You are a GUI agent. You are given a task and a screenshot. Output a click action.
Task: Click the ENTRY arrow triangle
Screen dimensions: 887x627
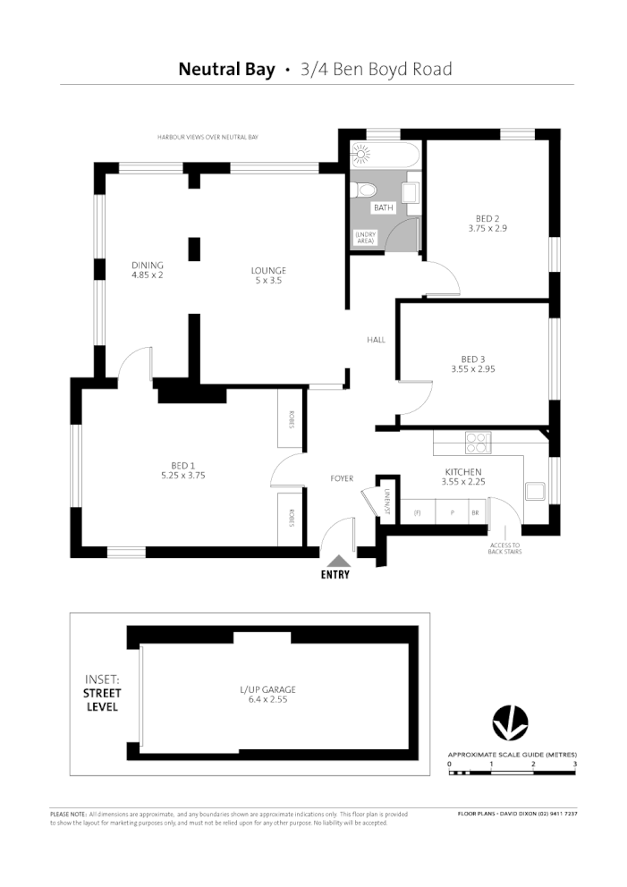coord(335,560)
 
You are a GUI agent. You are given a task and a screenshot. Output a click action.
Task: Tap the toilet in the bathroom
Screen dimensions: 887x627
coord(364,189)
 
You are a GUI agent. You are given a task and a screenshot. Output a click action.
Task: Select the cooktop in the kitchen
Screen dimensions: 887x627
coord(478,442)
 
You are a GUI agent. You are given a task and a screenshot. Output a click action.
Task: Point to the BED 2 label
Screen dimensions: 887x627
coord(487,217)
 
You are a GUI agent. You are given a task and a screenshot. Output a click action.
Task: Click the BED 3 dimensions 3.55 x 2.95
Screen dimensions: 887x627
coord(472,368)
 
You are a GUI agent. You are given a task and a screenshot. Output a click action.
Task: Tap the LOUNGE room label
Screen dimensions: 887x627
coord(267,271)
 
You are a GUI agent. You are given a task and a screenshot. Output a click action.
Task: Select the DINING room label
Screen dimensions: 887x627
coord(148,265)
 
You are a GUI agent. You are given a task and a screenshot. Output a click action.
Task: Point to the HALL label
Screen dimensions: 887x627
coord(376,340)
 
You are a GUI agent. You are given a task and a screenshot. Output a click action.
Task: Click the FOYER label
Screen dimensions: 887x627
coord(342,478)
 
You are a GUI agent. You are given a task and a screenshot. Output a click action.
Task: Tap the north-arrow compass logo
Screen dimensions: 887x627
coord(511,723)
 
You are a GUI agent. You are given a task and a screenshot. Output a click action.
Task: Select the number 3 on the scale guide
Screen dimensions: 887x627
coord(574,764)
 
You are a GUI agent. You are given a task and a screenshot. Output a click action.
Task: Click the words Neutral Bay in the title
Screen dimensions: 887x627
coord(226,69)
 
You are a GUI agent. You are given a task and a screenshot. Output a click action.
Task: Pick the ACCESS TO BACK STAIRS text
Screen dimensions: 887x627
coord(504,548)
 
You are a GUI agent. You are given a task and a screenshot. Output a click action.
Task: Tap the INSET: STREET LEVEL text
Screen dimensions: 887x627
coord(102,693)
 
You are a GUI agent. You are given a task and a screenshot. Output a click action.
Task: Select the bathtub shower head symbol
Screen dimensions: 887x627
coord(361,154)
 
